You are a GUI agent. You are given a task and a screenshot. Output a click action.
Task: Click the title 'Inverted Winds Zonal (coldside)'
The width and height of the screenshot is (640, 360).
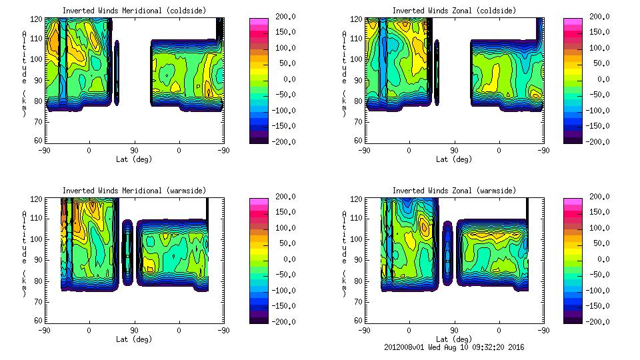454,11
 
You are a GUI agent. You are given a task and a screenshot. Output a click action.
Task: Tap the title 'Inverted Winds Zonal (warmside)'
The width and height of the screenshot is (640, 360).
454,191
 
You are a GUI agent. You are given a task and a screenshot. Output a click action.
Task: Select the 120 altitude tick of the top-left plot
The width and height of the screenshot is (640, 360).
38,17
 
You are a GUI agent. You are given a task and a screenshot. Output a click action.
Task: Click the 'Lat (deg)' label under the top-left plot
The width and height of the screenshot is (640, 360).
134,159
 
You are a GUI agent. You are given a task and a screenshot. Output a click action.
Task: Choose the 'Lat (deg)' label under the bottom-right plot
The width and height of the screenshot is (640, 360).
454,339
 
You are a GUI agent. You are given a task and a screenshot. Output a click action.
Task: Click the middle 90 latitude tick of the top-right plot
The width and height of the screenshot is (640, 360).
454,150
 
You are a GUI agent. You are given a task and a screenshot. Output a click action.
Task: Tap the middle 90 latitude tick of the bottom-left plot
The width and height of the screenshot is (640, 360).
134,330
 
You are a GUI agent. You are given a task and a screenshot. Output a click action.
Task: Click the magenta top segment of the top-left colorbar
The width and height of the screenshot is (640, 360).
259,23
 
